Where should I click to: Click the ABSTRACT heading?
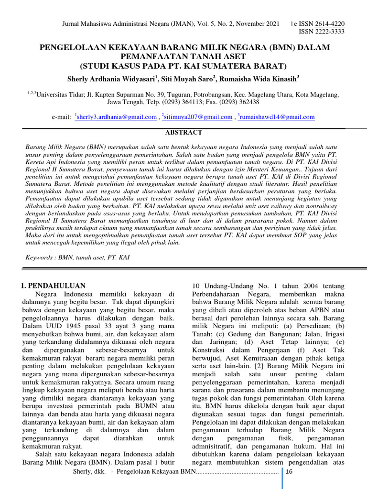coord(183,132)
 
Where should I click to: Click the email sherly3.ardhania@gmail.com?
coord(117,117)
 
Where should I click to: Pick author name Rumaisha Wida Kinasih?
coord(259,78)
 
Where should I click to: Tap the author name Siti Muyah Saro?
coord(187,78)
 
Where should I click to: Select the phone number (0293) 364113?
coord(182,102)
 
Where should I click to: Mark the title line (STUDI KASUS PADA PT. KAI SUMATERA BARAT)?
coord(183,66)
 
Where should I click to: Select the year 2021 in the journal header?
coord(271,24)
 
